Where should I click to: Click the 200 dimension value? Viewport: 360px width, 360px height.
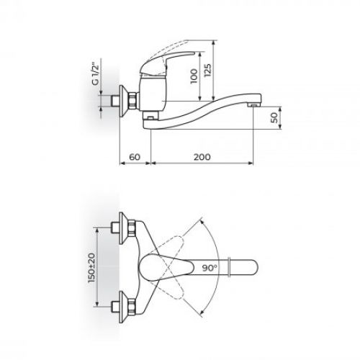[202, 157]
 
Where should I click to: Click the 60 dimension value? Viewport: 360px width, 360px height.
[135, 157]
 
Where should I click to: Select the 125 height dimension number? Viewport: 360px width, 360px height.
[208, 70]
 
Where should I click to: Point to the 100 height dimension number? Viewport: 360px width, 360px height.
[194, 76]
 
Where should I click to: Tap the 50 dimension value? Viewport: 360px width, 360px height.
[274, 117]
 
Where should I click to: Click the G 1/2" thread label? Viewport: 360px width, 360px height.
[95, 74]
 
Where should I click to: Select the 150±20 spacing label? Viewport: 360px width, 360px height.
[91, 268]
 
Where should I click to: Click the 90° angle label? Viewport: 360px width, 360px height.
[210, 268]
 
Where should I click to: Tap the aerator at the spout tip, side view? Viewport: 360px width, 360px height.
[255, 105]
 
